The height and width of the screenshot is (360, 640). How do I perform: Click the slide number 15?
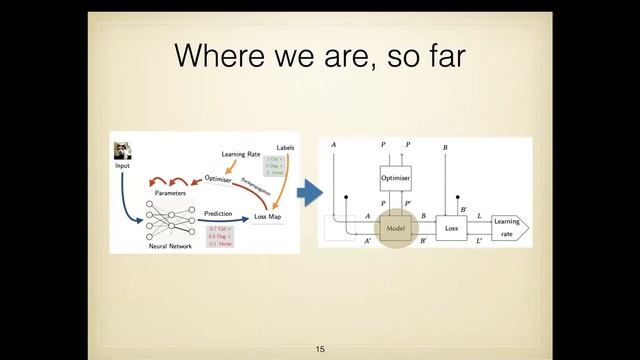pos(320,349)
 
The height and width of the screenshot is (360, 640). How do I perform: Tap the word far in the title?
pos(441,56)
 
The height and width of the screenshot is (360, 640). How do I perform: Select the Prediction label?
pos(218,213)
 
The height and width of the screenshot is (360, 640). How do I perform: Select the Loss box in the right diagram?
pos(450,228)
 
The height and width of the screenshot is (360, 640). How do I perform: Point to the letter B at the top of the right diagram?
pos(444,147)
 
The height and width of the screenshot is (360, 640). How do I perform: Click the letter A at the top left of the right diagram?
pos(333,147)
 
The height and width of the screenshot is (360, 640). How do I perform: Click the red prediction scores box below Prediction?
pos(220,236)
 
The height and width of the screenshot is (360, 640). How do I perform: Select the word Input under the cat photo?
pos(122,165)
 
